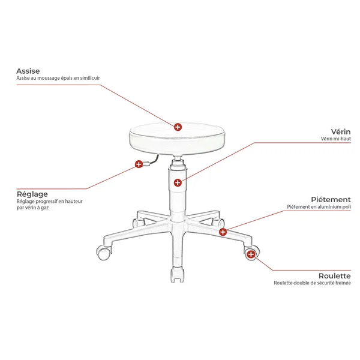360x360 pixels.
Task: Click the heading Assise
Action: click(28, 71)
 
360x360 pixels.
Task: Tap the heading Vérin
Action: click(341, 132)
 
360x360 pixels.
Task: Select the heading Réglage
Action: click(32, 194)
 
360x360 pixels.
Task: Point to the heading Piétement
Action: click(331, 200)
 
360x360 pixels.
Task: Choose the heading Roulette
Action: click(335, 276)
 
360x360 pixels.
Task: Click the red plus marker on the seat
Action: click(178, 127)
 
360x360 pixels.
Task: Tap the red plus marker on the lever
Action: click(139, 164)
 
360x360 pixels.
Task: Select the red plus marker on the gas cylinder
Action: click(178, 183)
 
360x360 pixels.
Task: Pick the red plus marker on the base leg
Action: click(223, 232)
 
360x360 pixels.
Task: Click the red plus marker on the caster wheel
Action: click(251, 254)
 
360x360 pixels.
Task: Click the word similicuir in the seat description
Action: click(90, 78)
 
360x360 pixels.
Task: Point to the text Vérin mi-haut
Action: click(335, 139)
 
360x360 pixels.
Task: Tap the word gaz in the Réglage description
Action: click(45, 208)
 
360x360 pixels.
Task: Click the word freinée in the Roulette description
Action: click(343, 283)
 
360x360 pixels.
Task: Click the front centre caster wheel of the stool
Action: click(177, 275)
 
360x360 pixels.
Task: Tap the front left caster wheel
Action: click(104, 253)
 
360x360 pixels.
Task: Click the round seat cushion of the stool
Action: click(177, 139)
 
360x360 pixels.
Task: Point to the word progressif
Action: click(46, 202)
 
